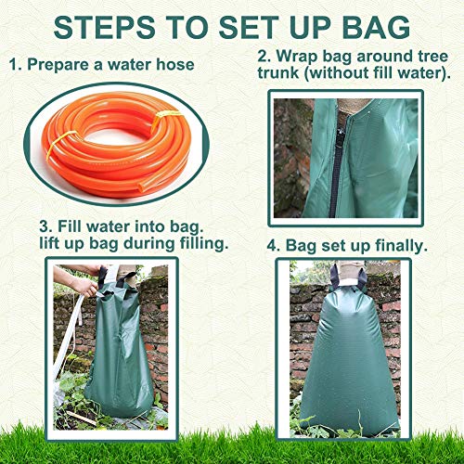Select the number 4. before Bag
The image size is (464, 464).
274,246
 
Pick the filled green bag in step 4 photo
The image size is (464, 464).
351,362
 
